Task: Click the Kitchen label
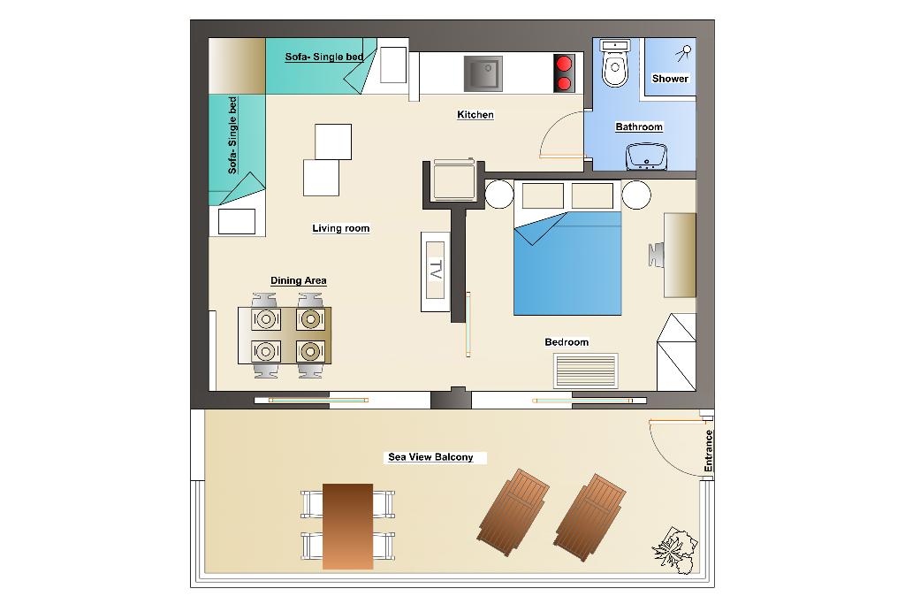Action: (x=475, y=114)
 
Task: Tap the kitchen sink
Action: (x=483, y=73)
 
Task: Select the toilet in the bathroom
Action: (x=615, y=63)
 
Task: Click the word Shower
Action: (x=670, y=79)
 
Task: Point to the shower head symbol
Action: (x=684, y=53)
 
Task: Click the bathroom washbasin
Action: (x=646, y=157)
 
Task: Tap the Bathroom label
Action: (x=639, y=126)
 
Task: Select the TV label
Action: (x=436, y=270)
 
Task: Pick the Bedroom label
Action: (x=567, y=342)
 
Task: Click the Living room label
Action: (x=340, y=228)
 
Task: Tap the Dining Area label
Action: (x=299, y=280)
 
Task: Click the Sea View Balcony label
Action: (x=430, y=456)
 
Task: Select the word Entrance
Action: (x=709, y=450)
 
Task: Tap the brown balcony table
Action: (x=347, y=527)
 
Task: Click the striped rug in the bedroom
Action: (x=586, y=371)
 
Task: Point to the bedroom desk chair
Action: (x=657, y=256)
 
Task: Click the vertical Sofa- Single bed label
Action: (x=232, y=135)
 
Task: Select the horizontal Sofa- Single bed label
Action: (x=323, y=57)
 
